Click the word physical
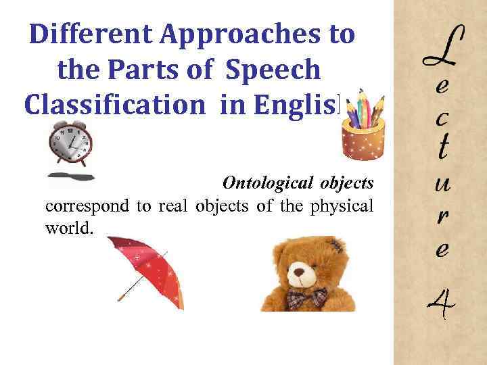(x=342, y=206)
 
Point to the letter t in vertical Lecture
(x=442, y=147)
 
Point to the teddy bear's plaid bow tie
(x=306, y=297)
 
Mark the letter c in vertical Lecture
(x=442, y=118)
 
